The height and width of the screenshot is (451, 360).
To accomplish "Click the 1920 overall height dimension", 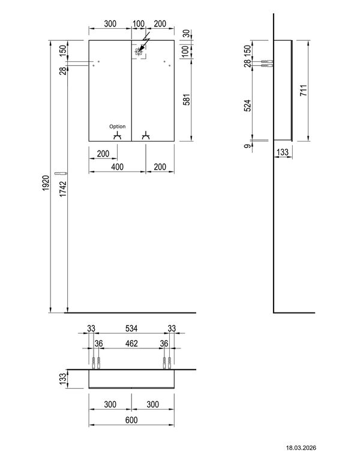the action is pos(46,183).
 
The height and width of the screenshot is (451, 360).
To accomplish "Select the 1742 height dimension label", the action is pos(63,189).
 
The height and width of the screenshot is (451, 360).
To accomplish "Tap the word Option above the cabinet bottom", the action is pos(118,127).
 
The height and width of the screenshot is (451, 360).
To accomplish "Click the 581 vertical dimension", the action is pos(187,100).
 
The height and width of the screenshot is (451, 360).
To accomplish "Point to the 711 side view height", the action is pos(304,91).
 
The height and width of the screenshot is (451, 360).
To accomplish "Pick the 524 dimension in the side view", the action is pos(247,106).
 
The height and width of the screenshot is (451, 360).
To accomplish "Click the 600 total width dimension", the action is pos(131,420).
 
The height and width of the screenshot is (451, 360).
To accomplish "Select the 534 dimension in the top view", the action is pos(131,328).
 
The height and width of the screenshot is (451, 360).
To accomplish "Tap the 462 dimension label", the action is pos(131,344).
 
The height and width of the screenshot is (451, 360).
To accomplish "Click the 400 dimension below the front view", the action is pos(118,167).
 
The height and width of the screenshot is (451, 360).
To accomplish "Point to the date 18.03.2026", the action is pos(301,447).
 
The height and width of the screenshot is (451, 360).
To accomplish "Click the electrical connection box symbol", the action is pos(139,52).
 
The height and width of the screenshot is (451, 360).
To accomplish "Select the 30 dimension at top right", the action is pos(187,34).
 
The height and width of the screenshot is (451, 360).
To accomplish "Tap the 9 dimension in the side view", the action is pos(247,146).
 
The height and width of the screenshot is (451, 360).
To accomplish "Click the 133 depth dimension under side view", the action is pos(283,152).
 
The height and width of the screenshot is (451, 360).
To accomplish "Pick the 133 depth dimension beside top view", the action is pos(63,377).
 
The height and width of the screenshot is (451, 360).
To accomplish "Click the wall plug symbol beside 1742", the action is pos(61,173).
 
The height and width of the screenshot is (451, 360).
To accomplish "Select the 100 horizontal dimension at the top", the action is pos(139,23).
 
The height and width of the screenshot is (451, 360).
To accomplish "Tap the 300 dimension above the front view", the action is pos(110,23).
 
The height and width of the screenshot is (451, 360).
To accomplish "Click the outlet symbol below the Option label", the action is pos(117,136).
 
